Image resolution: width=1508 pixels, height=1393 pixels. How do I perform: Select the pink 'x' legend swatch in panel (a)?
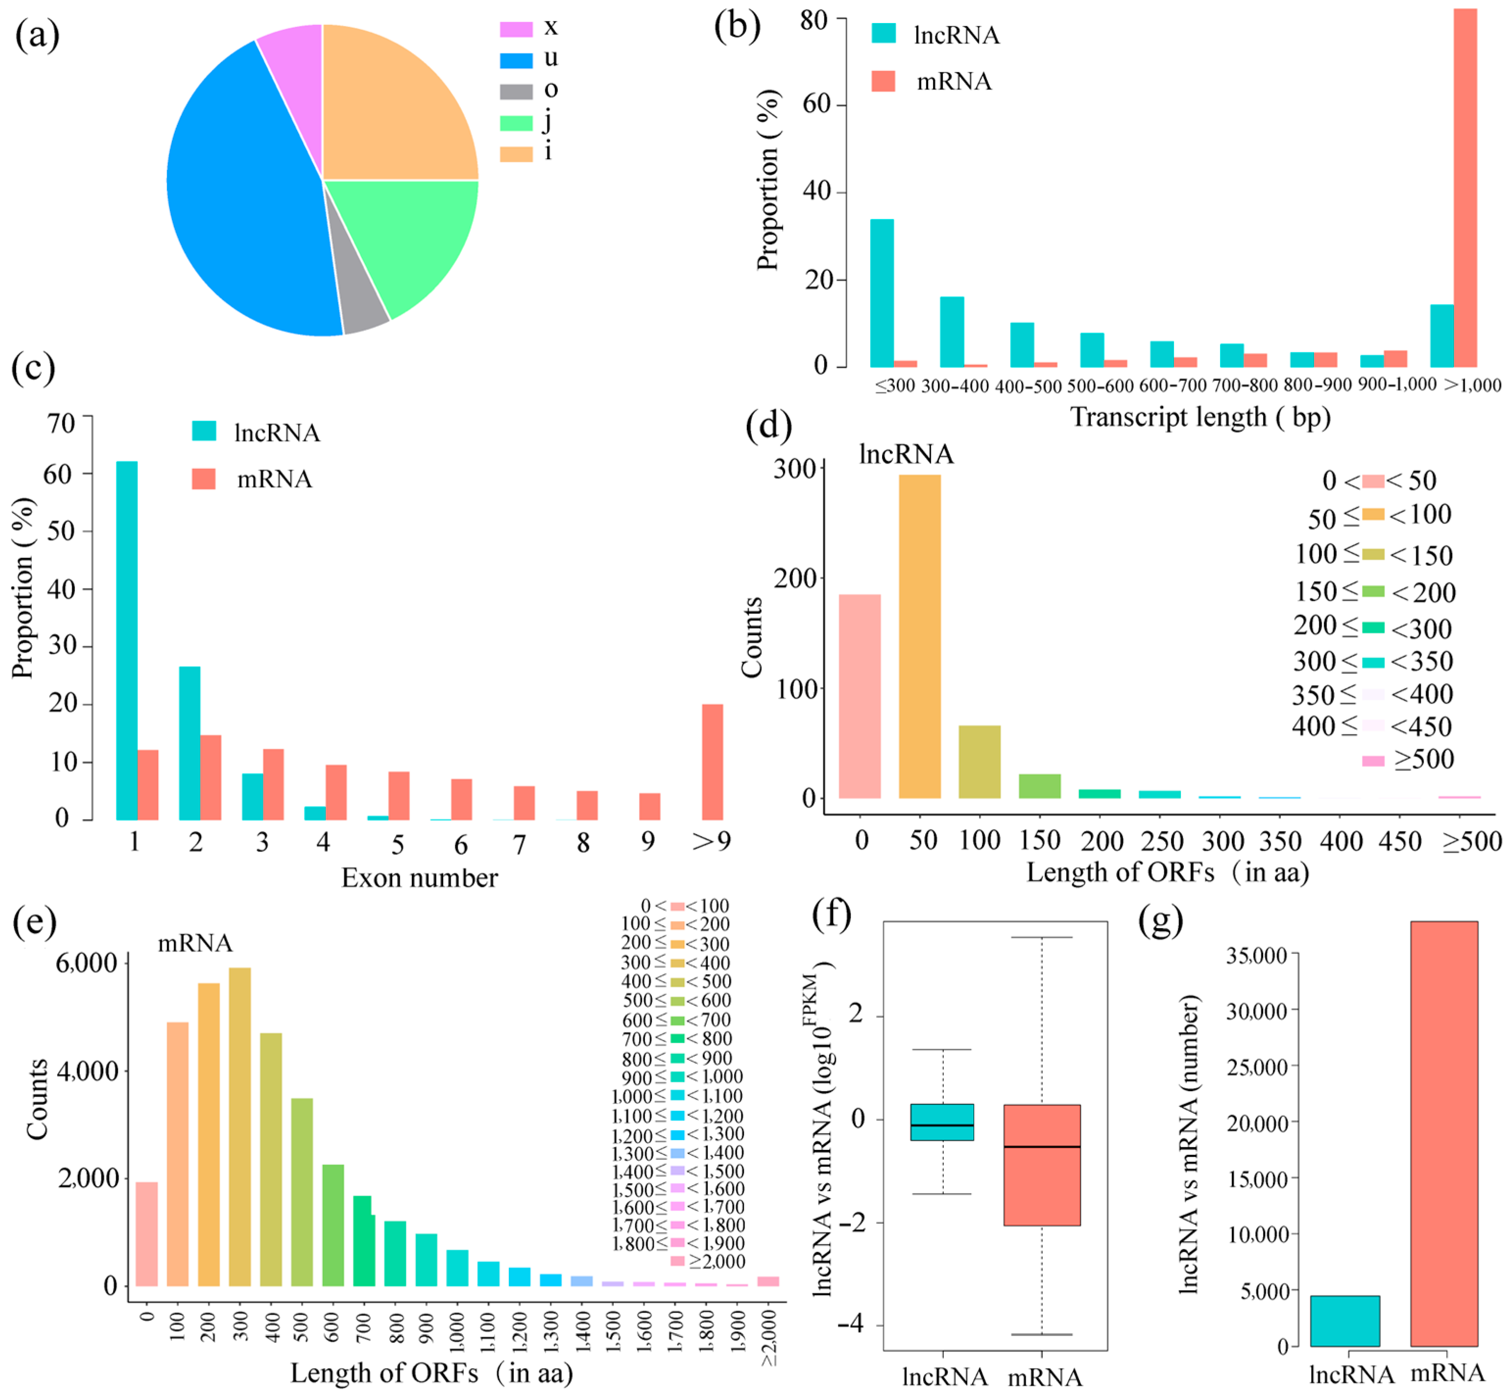[516, 29]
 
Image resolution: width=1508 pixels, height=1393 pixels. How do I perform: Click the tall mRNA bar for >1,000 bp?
[1464, 189]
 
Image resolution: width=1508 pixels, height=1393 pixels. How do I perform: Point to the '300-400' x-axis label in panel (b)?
[955, 386]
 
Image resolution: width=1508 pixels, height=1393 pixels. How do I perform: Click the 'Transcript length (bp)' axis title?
[1200, 417]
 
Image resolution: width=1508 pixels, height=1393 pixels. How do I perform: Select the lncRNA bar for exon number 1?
[127, 641]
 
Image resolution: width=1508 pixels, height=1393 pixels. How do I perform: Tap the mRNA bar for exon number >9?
[712, 761]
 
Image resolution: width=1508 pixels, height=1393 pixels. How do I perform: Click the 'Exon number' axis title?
[419, 878]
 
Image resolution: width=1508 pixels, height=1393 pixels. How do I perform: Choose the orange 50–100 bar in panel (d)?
[919, 637]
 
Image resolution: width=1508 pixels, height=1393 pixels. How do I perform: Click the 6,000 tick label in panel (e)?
[87, 963]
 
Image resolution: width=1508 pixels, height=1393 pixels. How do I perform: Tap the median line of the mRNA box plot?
[1042, 1147]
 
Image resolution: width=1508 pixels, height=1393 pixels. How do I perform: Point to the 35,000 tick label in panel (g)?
[1256, 956]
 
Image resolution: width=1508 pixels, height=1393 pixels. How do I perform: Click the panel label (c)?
[33, 368]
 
